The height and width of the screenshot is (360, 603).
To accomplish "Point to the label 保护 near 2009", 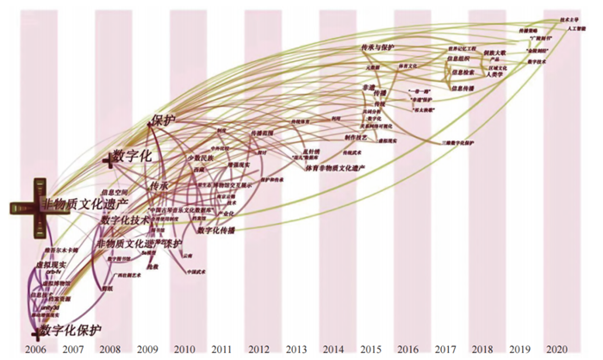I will click(x=164, y=121).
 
